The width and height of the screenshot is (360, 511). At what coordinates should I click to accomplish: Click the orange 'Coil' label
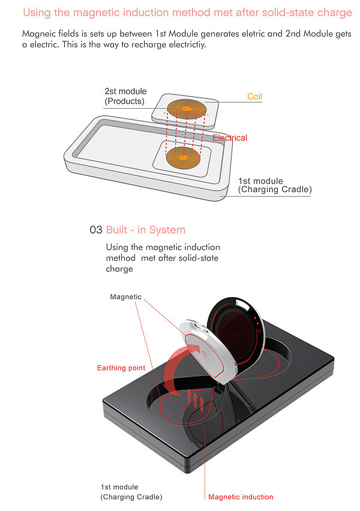click(x=254, y=97)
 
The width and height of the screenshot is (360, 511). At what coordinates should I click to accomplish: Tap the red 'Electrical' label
click(x=229, y=138)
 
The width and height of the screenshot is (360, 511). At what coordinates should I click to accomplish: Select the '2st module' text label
click(x=125, y=92)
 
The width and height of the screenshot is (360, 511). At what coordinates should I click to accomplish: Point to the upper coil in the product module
click(x=187, y=109)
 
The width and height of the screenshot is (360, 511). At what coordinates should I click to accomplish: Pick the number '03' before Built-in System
click(x=96, y=230)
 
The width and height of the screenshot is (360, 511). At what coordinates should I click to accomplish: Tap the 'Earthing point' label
click(x=121, y=368)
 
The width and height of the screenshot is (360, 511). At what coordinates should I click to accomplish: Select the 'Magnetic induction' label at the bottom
click(x=241, y=497)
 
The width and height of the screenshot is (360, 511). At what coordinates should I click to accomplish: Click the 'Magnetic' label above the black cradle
click(x=126, y=297)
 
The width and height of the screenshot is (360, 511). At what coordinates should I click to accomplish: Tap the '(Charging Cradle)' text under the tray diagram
click(x=275, y=190)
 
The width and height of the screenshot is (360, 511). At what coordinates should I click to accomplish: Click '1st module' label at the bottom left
click(x=119, y=487)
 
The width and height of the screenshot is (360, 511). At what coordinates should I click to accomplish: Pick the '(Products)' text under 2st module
click(x=125, y=101)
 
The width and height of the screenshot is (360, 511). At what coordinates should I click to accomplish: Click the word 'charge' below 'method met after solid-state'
click(x=119, y=269)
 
